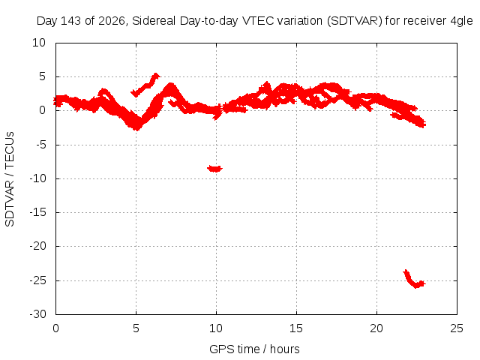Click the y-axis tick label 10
point(39,43)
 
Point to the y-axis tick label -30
point(37,314)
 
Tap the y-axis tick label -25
point(37,280)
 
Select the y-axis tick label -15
point(37,212)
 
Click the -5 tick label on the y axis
point(41,145)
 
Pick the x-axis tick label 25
point(457,328)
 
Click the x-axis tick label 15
point(296,328)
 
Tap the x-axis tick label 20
point(376,328)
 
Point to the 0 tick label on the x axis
point(55,328)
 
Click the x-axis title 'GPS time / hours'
point(254,349)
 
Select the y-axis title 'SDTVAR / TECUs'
point(10,179)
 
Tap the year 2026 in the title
point(111,21)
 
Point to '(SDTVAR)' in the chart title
point(355,21)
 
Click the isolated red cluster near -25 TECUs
point(414,279)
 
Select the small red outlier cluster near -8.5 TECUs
point(215,168)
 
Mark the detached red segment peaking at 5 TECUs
point(145,85)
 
